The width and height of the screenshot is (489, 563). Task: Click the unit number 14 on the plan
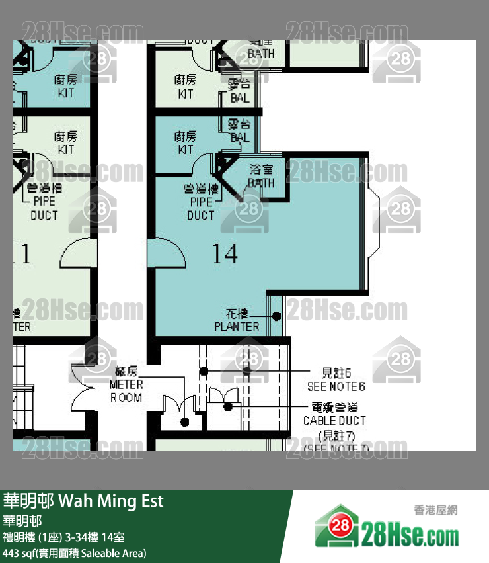(x=225, y=253)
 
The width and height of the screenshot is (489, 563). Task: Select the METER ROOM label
(x=126, y=391)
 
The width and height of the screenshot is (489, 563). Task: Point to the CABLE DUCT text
(x=334, y=421)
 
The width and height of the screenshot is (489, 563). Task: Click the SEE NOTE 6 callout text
(x=336, y=386)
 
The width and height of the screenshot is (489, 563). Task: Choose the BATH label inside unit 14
(x=260, y=177)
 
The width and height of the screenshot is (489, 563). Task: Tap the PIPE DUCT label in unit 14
(x=201, y=208)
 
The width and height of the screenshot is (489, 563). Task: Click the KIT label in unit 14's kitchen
(x=186, y=143)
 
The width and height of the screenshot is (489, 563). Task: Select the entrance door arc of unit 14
(x=167, y=253)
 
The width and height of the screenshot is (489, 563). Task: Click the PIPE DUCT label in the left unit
(x=44, y=208)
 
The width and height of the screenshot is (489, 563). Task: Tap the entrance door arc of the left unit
(x=76, y=254)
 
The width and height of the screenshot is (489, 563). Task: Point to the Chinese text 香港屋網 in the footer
(x=435, y=510)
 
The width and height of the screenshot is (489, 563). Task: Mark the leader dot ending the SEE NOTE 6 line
(x=247, y=371)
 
